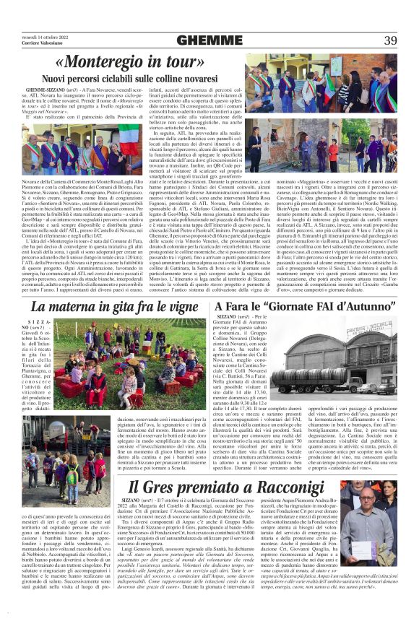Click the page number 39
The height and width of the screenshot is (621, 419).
point(390,40)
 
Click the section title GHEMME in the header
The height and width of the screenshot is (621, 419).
point(209,40)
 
